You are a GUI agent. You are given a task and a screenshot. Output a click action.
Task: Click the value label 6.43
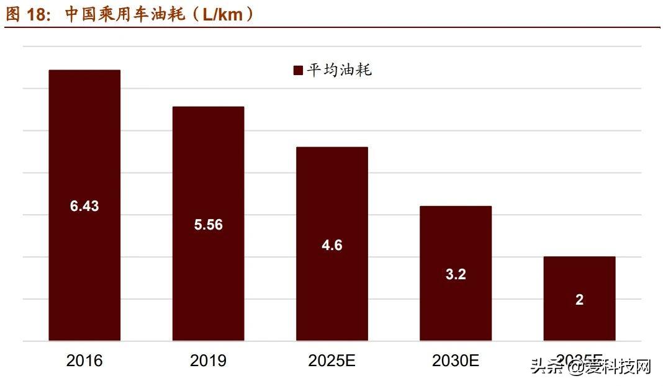click(x=84, y=206)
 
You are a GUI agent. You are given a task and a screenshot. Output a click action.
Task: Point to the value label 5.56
click(x=208, y=225)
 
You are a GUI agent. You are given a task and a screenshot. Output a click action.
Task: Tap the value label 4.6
click(x=332, y=245)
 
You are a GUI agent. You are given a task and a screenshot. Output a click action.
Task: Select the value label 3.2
click(x=456, y=274)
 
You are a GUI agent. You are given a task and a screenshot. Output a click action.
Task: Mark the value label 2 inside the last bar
click(x=579, y=300)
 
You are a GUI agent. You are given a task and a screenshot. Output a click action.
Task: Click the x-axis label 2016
click(x=84, y=361)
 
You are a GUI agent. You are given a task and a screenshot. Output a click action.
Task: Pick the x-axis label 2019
click(x=208, y=361)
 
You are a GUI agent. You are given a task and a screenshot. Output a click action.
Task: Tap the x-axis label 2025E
click(x=332, y=361)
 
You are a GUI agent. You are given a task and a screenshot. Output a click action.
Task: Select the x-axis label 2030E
click(x=456, y=361)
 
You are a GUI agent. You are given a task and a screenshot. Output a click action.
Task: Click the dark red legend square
click(x=298, y=70)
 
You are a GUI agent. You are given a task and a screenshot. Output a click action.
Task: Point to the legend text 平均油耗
click(x=339, y=70)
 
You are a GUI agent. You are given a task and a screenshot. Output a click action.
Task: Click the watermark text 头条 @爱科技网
click(x=590, y=367)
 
